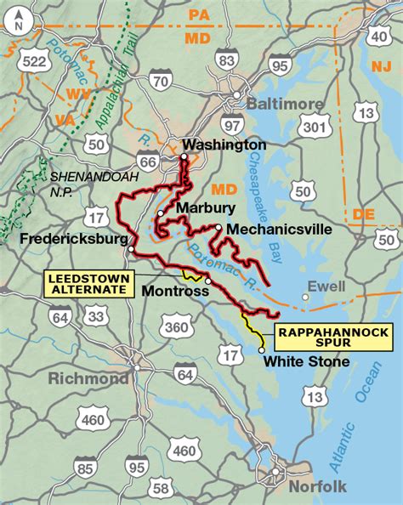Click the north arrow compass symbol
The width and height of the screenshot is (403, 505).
click(20, 24)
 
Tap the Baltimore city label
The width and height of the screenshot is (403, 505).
click(285, 104)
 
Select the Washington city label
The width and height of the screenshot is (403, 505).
click(224, 145)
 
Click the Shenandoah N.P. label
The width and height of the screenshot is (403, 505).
click(82, 184)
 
